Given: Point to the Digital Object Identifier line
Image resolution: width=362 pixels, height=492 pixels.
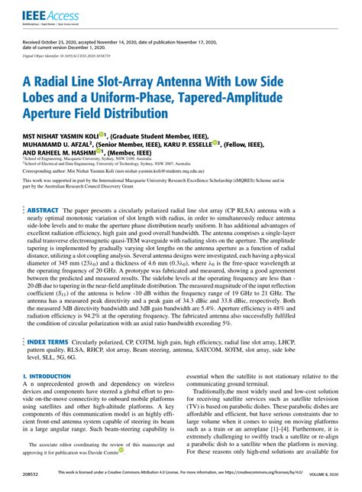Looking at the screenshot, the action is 66,56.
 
